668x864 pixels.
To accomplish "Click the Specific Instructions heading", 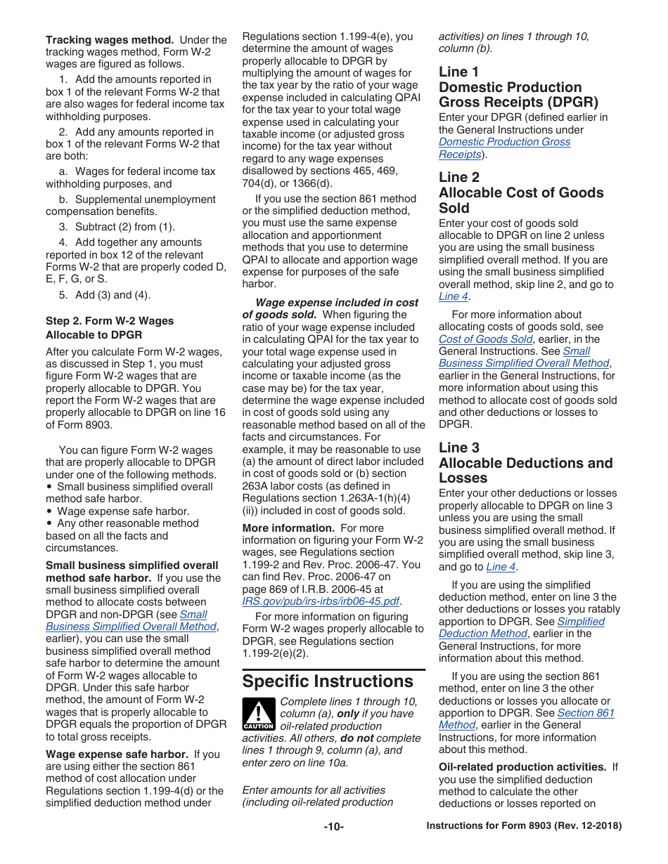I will click(x=328, y=681).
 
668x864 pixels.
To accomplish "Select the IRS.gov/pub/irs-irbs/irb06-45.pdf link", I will click(x=321, y=601).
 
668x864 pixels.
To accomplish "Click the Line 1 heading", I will click(x=458, y=72).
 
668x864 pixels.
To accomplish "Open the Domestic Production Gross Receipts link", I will click(x=504, y=142).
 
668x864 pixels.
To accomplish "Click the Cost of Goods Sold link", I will click(x=485, y=339).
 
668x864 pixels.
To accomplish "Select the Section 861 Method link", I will click(x=585, y=713).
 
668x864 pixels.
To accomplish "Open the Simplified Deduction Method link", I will click(x=581, y=622).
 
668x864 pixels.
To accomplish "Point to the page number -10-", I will click(x=333, y=826).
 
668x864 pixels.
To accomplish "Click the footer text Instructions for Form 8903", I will click(x=524, y=826).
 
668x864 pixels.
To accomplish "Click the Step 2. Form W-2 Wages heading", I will click(x=110, y=321).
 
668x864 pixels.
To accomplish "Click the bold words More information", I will click(x=288, y=528).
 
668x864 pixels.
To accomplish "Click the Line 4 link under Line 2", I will click(x=453, y=296).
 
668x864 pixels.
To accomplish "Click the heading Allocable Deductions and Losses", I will click(x=525, y=463).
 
